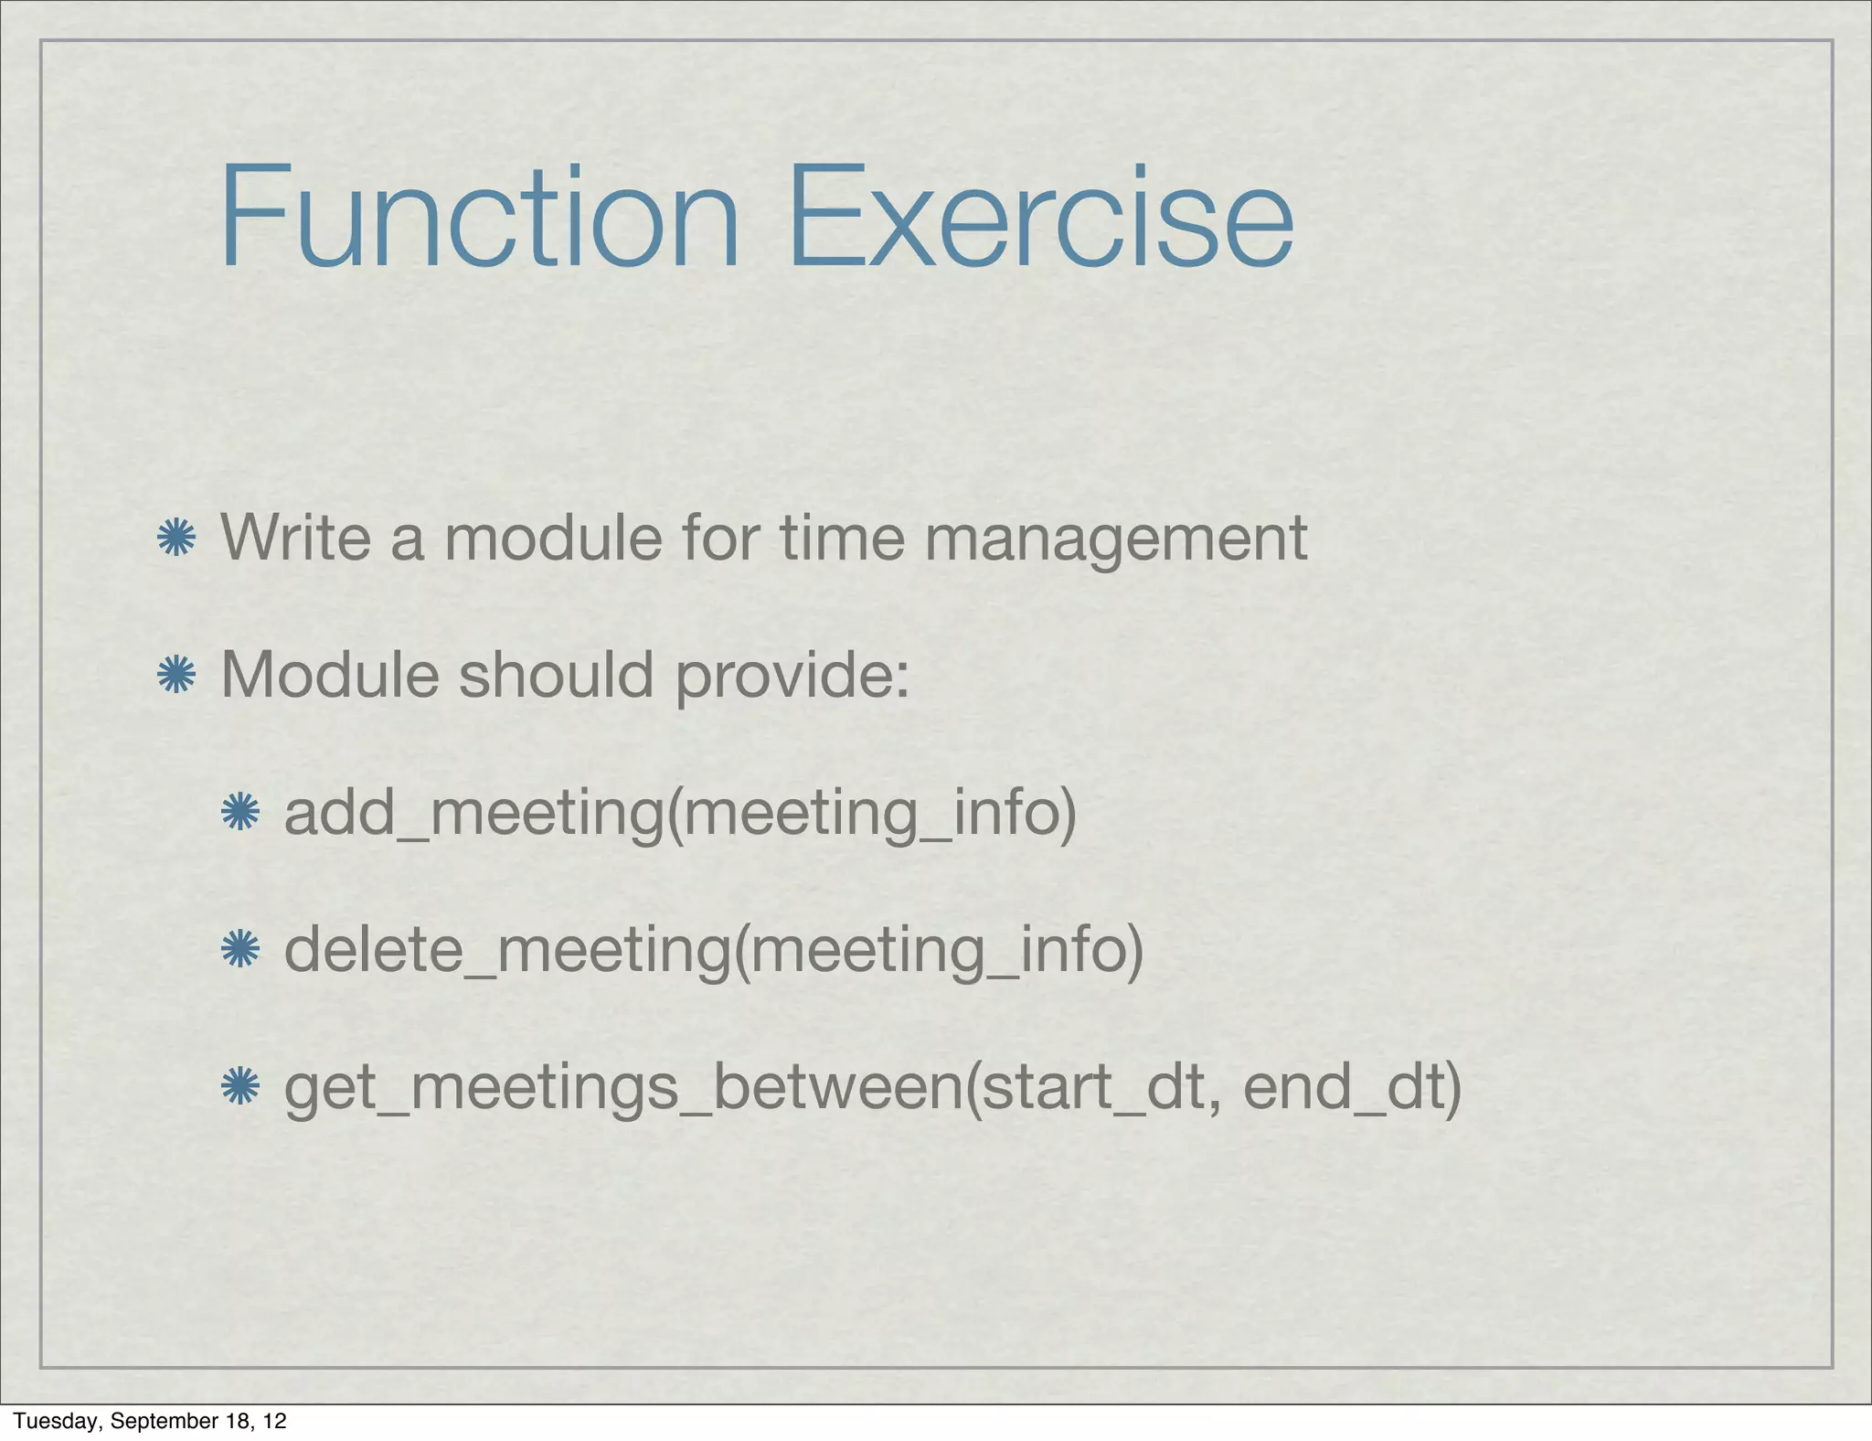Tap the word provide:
(x=792, y=678)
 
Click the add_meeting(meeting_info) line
(x=680, y=813)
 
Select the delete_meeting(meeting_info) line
(x=714, y=950)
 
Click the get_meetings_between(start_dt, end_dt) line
(x=873, y=1088)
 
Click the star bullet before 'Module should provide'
(x=176, y=676)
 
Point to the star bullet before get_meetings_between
(x=240, y=1087)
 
